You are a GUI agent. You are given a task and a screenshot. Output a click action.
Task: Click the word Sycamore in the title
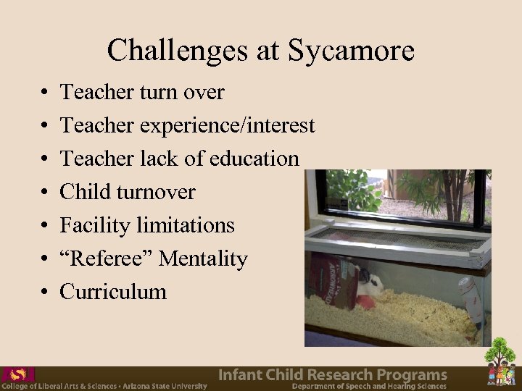pos(351,51)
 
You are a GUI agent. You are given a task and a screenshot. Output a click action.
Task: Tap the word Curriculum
pos(113,292)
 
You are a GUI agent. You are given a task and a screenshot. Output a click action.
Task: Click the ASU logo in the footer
pos(18,374)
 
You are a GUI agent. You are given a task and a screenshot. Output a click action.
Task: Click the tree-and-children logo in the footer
pos(501,363)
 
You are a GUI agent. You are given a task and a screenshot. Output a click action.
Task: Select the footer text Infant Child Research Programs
pos(333,374)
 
